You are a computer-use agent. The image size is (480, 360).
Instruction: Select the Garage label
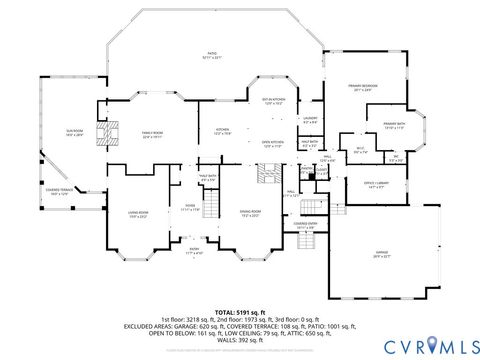[382, 255]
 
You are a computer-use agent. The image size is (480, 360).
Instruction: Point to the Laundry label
[310, 121]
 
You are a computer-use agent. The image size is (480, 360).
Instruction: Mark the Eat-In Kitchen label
[275, 101]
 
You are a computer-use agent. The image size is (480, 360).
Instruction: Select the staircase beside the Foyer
[211, 208]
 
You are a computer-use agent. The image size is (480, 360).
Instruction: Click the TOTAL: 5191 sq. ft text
[239, 313]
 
